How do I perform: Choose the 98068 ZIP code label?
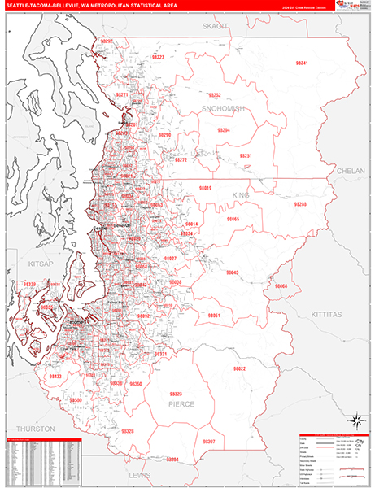(x=281, y=286)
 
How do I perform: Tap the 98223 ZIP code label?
(x=157, y=57)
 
